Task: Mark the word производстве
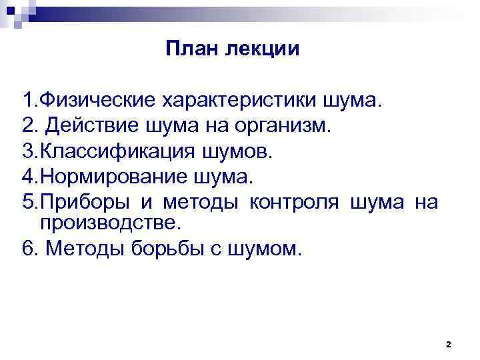coord(106,221)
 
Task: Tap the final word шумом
coord(263,249)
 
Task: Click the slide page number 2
coord(448,345)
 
